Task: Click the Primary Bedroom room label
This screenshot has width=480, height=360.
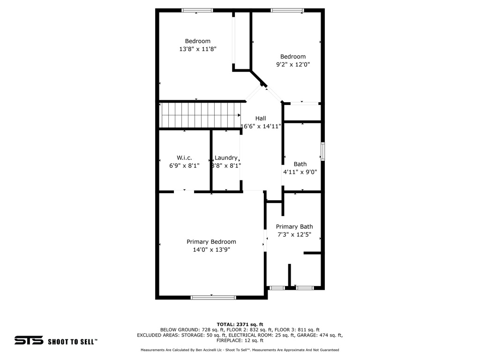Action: (x=211, y=242)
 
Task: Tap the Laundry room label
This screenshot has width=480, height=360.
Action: (x=226, y=157)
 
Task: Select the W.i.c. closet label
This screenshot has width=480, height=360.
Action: (x=184, y=157)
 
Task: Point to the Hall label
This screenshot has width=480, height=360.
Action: (x=261, y=118)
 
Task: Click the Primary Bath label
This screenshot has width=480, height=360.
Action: (x=294, y=226)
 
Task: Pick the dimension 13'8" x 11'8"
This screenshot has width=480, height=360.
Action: (x=198, y=49)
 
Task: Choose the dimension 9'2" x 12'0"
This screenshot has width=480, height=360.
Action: (x=293, y=64)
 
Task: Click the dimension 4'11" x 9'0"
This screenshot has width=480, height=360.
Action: (x=300, y=172)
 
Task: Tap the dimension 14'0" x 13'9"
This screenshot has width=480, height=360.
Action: (x=211, y=249)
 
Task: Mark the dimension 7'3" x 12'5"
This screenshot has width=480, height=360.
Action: (x=294, y=234)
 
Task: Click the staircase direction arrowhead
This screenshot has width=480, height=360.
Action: (x=239, y=115)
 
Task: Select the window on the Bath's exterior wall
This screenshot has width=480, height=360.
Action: (x=322, y=151)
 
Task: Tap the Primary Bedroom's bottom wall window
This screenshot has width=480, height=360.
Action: (x=213, y=297)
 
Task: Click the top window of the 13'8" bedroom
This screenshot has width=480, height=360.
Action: (x=197, y=10)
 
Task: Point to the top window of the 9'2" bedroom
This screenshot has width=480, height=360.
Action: (x=287, y=10)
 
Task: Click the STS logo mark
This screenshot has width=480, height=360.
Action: (x=29, y=340)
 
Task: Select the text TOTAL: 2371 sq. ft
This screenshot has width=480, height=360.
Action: (x=240, y=324)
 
